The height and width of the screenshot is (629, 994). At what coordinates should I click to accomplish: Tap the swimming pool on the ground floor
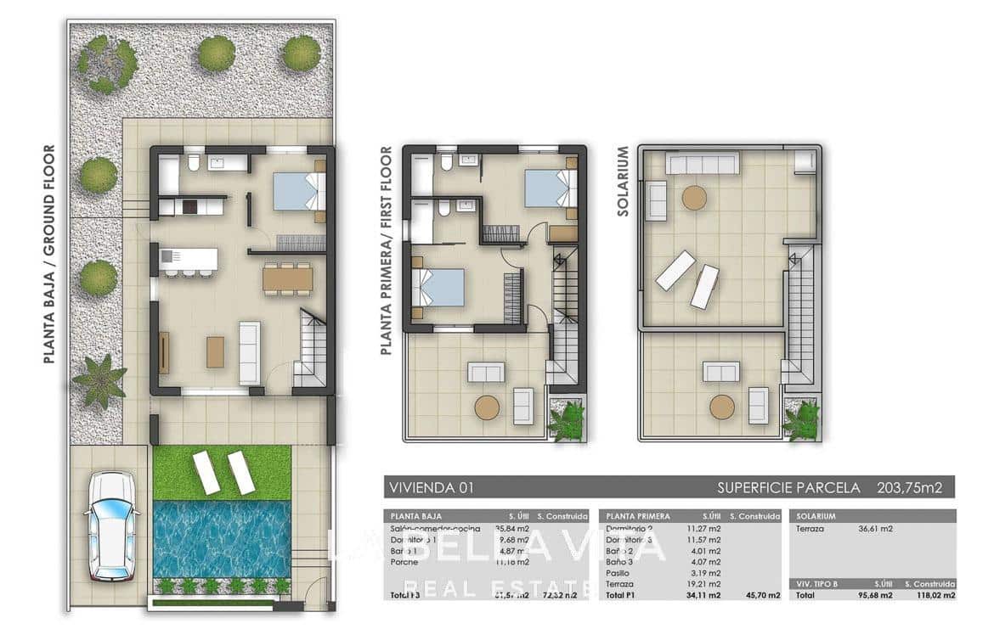(x=222, y=538)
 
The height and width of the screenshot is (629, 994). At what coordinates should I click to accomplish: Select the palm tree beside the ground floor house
(x=100, y=381)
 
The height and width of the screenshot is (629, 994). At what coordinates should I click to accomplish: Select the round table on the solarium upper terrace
(x=694, y=198)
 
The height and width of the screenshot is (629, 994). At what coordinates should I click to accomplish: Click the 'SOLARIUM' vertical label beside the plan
(x=623, y=181)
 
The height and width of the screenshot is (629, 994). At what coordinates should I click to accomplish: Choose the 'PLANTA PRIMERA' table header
(x=638, y=515)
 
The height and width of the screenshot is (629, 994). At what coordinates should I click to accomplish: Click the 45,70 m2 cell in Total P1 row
(x=761, y=596)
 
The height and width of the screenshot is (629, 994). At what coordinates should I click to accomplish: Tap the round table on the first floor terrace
(x=487, y=407)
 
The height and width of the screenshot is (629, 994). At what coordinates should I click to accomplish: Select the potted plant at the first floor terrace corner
(x=567, y=419)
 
